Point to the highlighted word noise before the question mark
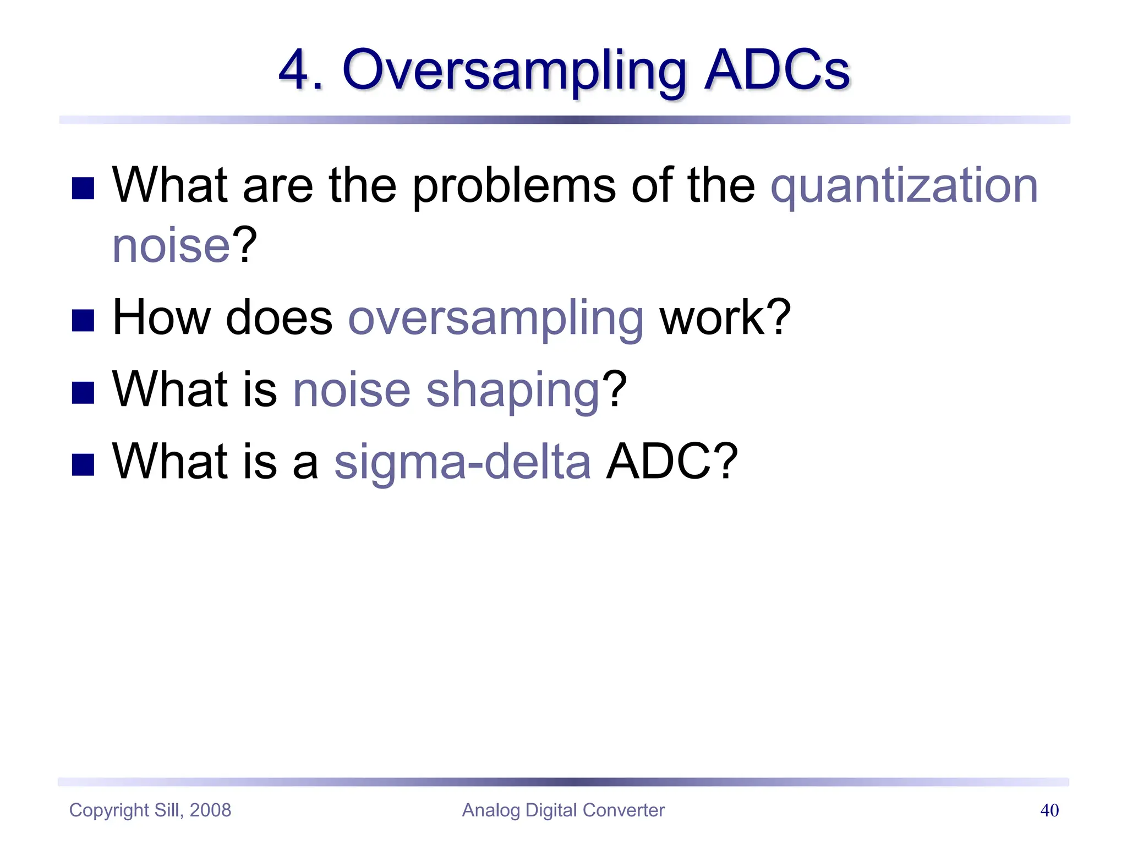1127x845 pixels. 171,246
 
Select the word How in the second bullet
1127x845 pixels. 161,317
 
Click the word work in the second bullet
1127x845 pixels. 714,317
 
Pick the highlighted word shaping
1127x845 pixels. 512,391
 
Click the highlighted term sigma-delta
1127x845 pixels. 463,462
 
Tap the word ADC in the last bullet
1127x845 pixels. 660,462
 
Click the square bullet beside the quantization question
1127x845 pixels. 83,188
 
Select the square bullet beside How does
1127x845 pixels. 83,320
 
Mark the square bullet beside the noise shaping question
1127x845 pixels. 83,392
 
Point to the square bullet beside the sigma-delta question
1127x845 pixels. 83,464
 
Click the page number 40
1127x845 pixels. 1049,810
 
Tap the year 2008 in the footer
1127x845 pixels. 210,810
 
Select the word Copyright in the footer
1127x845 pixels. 109,810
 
